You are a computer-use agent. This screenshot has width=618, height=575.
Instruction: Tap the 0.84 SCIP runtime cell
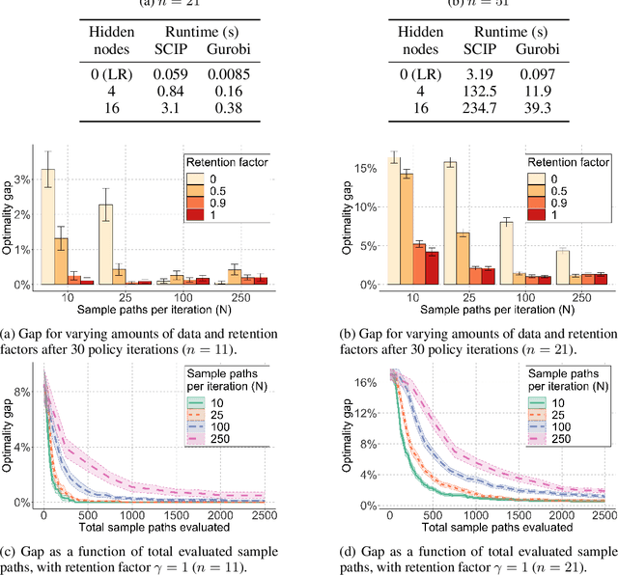143,90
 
